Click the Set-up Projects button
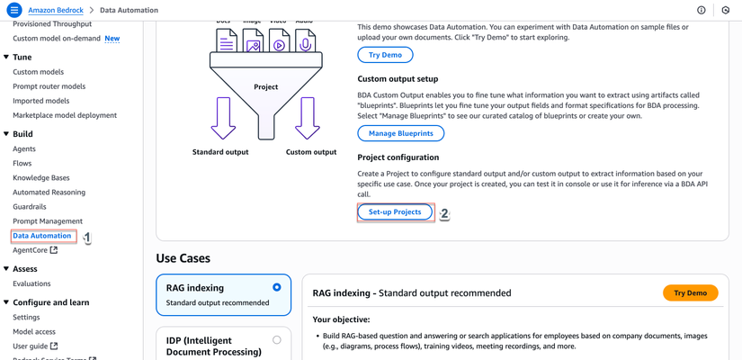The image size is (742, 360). tap(395, 212)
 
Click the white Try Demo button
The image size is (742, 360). tap(385, 55)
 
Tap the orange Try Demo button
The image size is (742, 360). tap(690, 292)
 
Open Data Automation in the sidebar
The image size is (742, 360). tap(41, 236)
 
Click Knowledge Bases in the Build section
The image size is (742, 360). tap(40, 177)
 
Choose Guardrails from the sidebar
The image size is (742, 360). tap(31, 206)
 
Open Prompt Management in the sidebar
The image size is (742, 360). tap(48, 220)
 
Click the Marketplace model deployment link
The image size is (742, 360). tap(65, 115)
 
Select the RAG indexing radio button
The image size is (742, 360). tap(276, 287)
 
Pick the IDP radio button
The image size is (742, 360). tap(276, 340)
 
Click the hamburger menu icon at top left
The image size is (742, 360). tap(13, 10)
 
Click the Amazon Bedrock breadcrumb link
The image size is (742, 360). tap(56, 10)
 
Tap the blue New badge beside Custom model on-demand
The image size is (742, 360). tap(112, 39)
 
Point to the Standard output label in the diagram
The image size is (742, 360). tap(220, 152)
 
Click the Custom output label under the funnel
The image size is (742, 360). tap(311, 152)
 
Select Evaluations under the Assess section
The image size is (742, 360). tap(31, 283)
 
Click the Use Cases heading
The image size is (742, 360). tap(183, 258)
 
